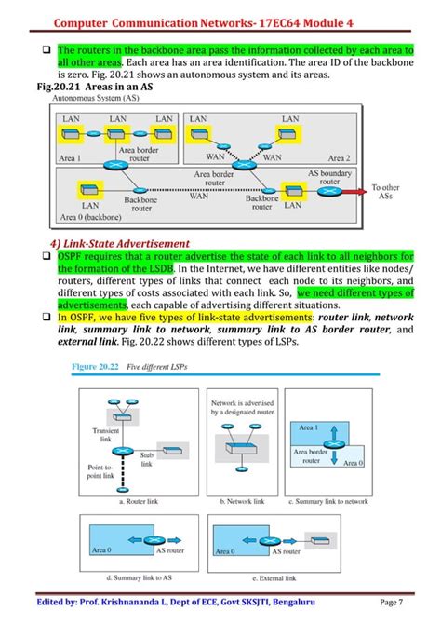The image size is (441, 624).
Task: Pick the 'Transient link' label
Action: click(105, 436)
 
